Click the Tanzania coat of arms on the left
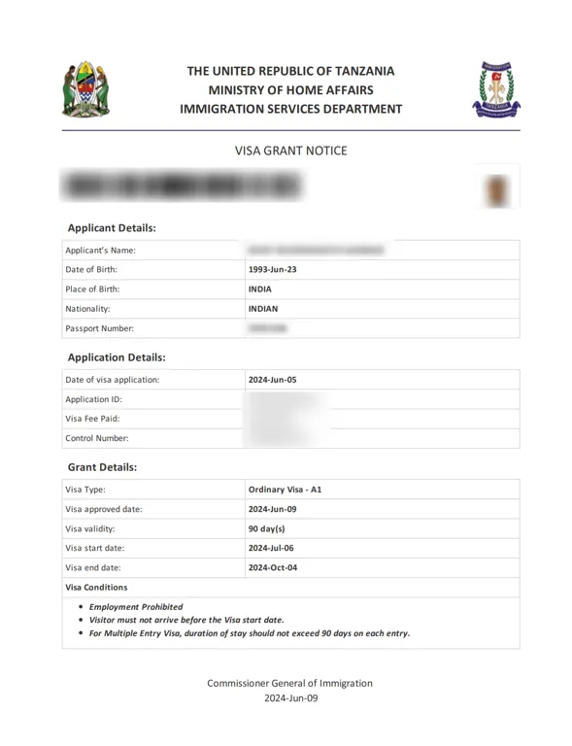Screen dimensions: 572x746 tap(85, 89)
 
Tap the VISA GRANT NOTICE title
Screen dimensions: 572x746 tap(290, 151)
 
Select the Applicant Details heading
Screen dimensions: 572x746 tap(112, 227)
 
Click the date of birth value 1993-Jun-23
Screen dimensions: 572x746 tap(273, 269)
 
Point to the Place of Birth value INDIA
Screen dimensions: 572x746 tap(260, 288)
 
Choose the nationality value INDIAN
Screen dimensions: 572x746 tap(263, 309)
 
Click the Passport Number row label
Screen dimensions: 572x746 tap(99, 328)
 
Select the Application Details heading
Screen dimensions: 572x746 tap(117, 356)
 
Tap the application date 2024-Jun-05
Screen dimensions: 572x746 tap(273, 379)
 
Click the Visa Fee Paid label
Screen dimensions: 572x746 tap(92, 419)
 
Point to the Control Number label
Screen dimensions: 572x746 tap(96, 438)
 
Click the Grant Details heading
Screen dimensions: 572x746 tap(102, 466)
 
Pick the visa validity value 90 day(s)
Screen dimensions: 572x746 tap(267, 528)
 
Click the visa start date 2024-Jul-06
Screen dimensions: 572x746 tap(272, 548)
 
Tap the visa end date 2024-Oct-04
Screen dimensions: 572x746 tap(273, 567)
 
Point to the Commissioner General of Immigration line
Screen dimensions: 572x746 tap(289, 683)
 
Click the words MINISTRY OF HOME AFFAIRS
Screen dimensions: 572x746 tap(290, 89)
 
